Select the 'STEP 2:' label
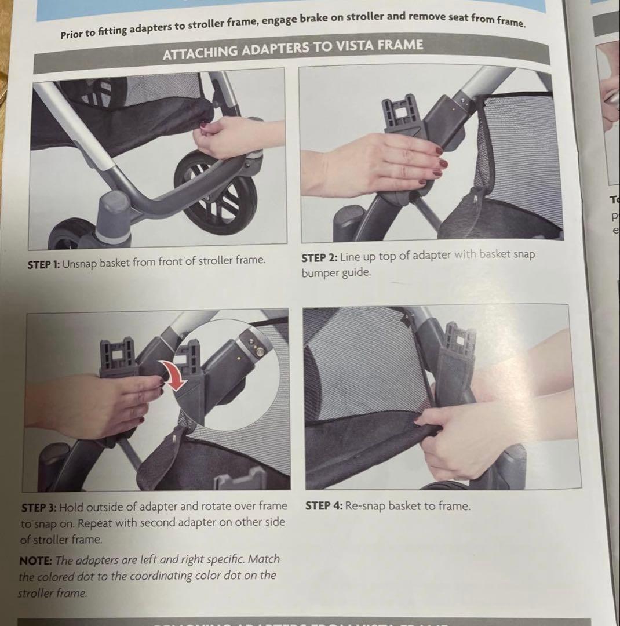[319, 256]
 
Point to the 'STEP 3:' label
[38, 507]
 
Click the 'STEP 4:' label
[323, 506]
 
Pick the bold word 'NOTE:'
[36, 561]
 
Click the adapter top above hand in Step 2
[399, 113]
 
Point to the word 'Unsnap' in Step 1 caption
[80, 262]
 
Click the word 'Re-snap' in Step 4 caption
[365, 506]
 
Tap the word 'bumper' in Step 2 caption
[320, 272]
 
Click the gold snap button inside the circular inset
[259, 351]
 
